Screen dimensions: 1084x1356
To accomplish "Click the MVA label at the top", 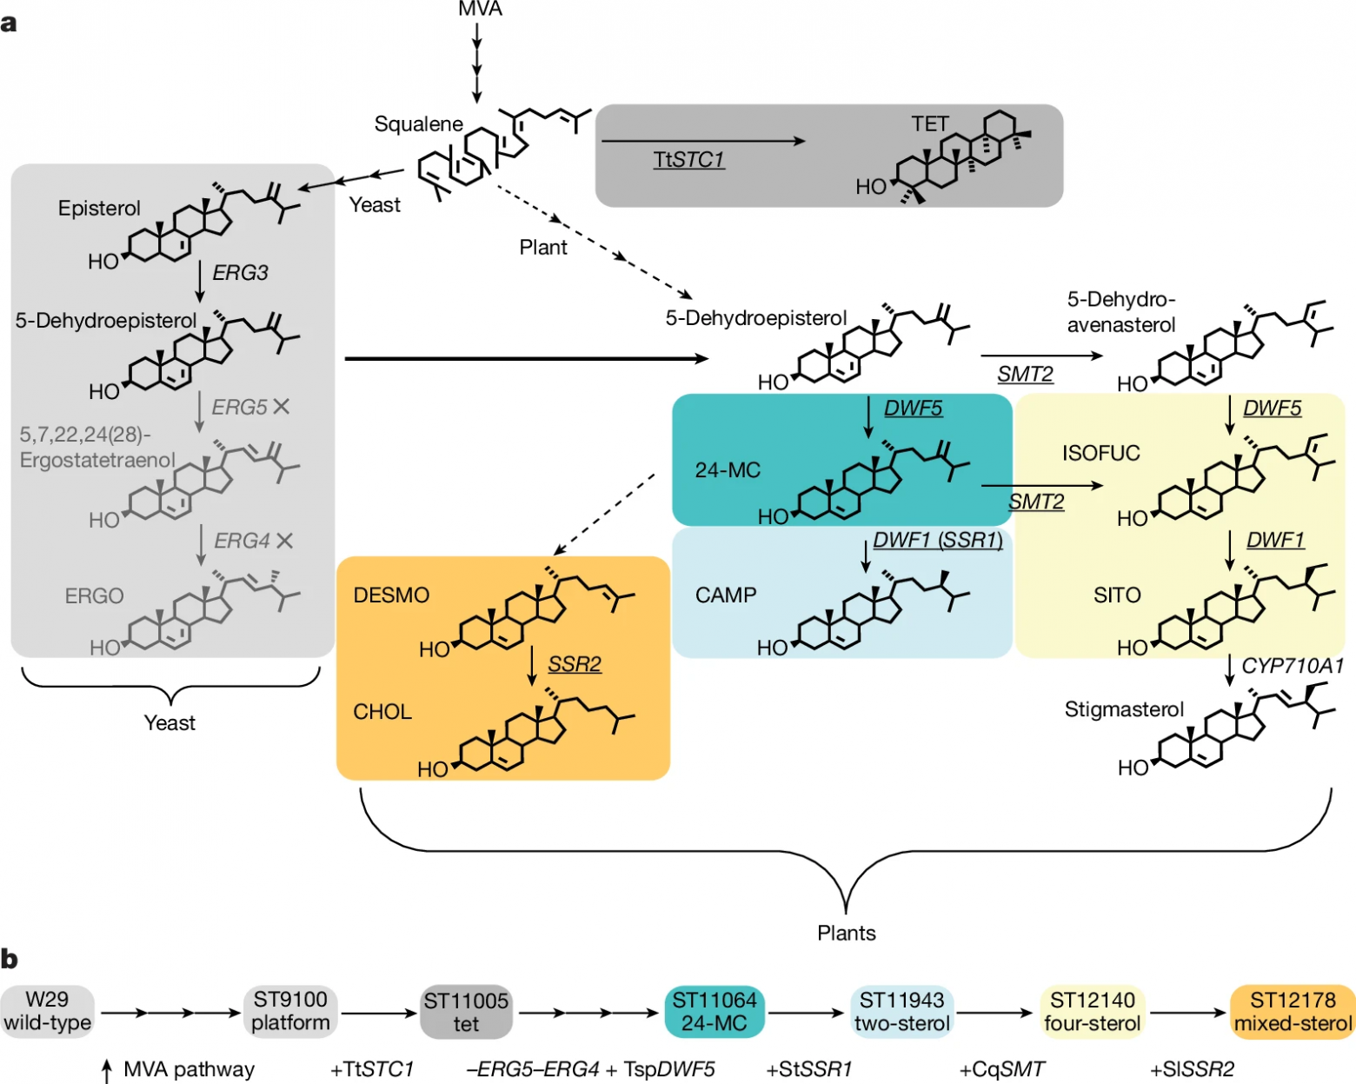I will [480, 10].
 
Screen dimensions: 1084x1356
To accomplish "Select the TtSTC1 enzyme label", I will [688, 160].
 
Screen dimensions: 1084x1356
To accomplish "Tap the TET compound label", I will [929, 124].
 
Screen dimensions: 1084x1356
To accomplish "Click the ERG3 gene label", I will [241, 273].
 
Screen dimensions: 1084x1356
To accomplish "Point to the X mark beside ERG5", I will [281, 406].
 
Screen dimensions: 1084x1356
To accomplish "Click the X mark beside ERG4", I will [283, 541].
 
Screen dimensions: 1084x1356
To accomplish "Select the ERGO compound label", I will [94, 596].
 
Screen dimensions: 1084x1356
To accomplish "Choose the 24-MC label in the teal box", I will [728, 470].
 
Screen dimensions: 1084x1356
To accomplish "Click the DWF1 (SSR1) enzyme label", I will [938, 541].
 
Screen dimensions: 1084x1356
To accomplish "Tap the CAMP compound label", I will [726, 595].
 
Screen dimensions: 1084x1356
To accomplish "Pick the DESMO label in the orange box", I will [391, 595].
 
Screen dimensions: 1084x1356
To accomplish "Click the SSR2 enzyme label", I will [575, 665].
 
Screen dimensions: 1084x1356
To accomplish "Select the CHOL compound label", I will [382, 712].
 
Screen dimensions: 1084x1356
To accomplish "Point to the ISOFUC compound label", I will [1100, 453].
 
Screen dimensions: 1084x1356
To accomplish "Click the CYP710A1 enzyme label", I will [1293, 666].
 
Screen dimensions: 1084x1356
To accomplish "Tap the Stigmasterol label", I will [1124, 710].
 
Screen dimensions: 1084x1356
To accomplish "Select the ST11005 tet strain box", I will [466, 1012].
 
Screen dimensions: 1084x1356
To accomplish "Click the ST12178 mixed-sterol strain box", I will [1293, 1011].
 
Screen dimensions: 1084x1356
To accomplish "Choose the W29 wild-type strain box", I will [47, 1011].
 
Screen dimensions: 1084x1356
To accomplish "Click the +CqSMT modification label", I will [1002, 1069].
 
